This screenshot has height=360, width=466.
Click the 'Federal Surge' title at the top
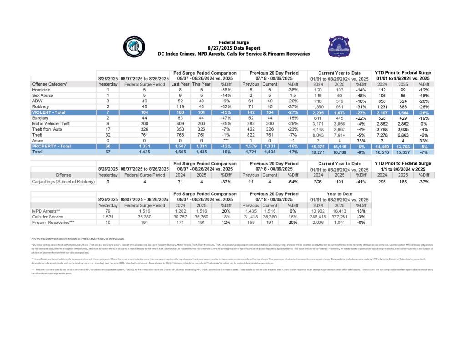[233, 42]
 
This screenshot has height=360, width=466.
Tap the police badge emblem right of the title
[339, 47]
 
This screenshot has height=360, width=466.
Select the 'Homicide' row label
[41, 90]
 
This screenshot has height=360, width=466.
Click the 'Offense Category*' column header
[50, 84]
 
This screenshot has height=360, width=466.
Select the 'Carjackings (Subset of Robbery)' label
[63, 182]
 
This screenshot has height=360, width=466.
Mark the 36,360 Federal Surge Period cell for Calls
[145, 217]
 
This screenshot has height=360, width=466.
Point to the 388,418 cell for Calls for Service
[318, 217]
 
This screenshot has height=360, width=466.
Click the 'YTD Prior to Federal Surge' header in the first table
[403, 73]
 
